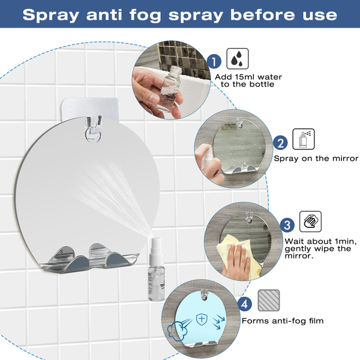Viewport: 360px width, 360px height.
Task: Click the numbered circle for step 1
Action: pyautogui.click(x=214, y=62)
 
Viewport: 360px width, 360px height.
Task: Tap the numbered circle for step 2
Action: pyautogui.click(x=280, y=143)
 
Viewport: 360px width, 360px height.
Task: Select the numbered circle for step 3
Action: pyautogui.click(x=287, y=225)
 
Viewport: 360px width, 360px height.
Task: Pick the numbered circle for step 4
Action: pyautogui.click(x=245, y=304)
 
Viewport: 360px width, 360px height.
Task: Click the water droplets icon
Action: pyautogui.click(x=238, y=59)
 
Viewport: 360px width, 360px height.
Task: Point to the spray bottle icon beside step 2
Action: pyautogui.click(x=304, y=139)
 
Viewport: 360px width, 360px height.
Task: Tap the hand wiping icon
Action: pyautogui.click(x=310, y=221)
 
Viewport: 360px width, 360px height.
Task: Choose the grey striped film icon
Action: pyautogui.click(x=269, y=301)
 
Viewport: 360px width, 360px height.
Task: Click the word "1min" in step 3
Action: pyautogui.click(x=346, y=241)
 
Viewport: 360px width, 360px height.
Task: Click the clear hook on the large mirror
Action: pyautogui.click(x=93, y=129)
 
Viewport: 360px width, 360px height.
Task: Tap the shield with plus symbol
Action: pyautogui.click(x=202, y=319)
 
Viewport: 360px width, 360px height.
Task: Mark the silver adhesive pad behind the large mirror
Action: pyautogui.click(x=90, y=109)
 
